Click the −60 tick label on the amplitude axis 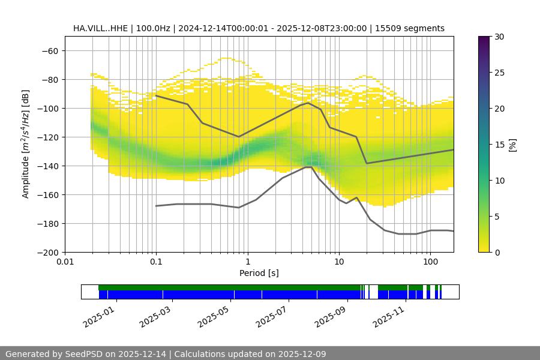tap(49, 50)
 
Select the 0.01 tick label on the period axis tap(65, 262)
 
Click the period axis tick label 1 tap(247, 262)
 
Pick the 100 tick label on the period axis tap(430, 262)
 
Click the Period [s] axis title tap(259, 273)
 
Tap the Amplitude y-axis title tap(26, 144)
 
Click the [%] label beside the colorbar tap(512, 145)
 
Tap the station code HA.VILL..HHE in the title tap(101, 28)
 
